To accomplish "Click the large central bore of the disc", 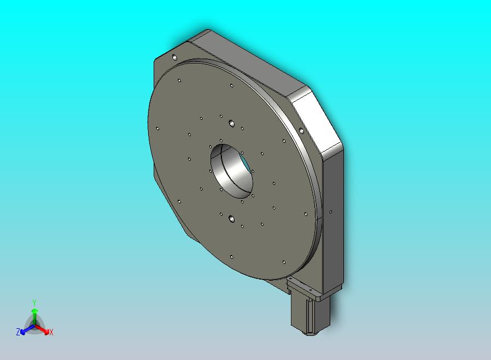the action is click(231, 171).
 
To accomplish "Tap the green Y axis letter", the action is click(34, 303).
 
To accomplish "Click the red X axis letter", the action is click(51, 332).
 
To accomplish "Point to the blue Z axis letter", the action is click(18, 332).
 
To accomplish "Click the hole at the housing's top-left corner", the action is click(174, 57).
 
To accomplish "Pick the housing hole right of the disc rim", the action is click(301, 131).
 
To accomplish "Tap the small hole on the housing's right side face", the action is click(331, 212).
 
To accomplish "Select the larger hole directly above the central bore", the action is click(231, 123).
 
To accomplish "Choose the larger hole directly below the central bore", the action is click(231, 218).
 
